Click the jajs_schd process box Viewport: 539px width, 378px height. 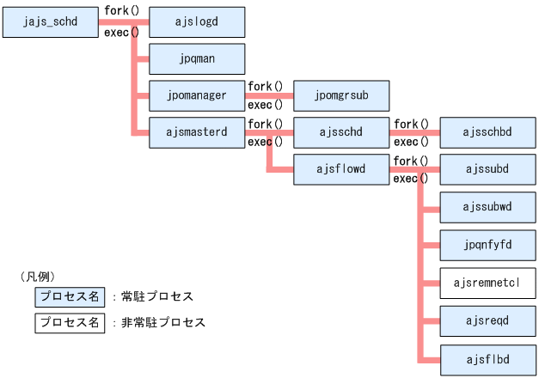tap(52, 21)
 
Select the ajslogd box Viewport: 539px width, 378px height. tap(198, 21)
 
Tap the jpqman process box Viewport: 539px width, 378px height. tap(198, 58)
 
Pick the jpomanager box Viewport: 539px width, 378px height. tap(198, 94)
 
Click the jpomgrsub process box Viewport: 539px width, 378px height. tap(342, 94)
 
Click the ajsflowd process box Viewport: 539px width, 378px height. tap(342, 169)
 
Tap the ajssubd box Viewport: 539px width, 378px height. tap(487, 169)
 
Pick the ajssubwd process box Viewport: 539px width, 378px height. tap(487, 207)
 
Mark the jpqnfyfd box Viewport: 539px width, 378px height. tap(487, 245)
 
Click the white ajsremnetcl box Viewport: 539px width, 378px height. tap(487, 282)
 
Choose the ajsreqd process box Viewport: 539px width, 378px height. tap(487, 320)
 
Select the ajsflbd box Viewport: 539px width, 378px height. tap(487, 357)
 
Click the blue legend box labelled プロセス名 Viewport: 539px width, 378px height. tap(70, 296)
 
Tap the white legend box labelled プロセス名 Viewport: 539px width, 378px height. tap(70, 323)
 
